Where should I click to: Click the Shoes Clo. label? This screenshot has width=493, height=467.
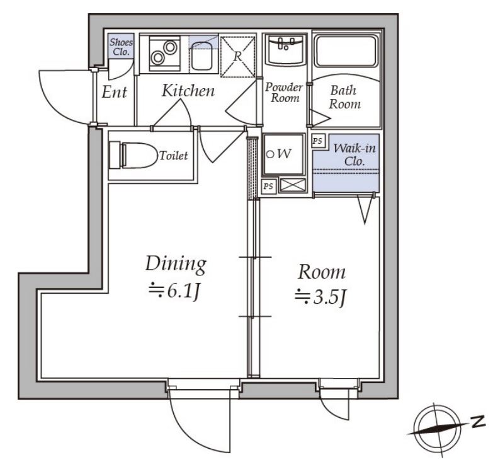[x=121, y=47]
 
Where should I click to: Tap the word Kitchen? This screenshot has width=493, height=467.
[x=188, y=91]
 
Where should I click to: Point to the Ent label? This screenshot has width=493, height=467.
[x=114, y=92]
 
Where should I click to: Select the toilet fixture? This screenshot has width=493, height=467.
[x=133, y=155]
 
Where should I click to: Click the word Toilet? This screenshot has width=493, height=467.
[x=173, y=156]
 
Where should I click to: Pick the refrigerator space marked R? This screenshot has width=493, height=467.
[x=238, y=57]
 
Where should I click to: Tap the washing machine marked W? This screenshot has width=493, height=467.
[x=284, y=154]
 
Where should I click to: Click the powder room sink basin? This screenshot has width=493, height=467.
[x=285, y=49]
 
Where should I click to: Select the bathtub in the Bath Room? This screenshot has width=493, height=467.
[x=346, y=51]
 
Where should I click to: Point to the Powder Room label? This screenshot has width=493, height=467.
[x=284, y=92]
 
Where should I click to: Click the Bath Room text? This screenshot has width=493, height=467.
[x=344, y=97]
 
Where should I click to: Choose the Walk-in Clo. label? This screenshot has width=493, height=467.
[x=354, y=154]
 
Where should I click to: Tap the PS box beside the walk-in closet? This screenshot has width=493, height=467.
[x=317, y=141]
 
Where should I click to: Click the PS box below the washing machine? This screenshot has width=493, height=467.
[x=268, y=187]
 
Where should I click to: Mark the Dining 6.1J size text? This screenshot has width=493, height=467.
[x=176, y=292]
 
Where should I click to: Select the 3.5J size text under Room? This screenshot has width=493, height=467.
[x=320, y=297]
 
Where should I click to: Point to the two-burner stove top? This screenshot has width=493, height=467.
[x=164, y=52]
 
